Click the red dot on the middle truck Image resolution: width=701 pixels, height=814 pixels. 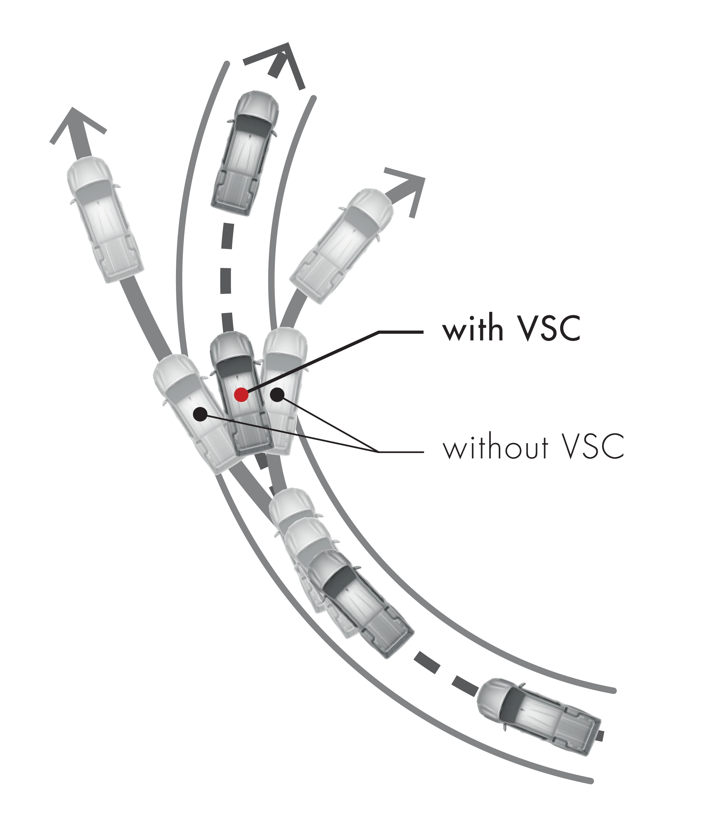coord(241,395)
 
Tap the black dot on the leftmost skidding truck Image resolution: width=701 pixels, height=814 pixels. coord(201,414)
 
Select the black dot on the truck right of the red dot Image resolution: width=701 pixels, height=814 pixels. coord(277,395)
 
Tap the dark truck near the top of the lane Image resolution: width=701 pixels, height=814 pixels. coord(245,153)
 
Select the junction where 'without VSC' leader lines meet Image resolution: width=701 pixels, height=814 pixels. coord(378,452)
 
